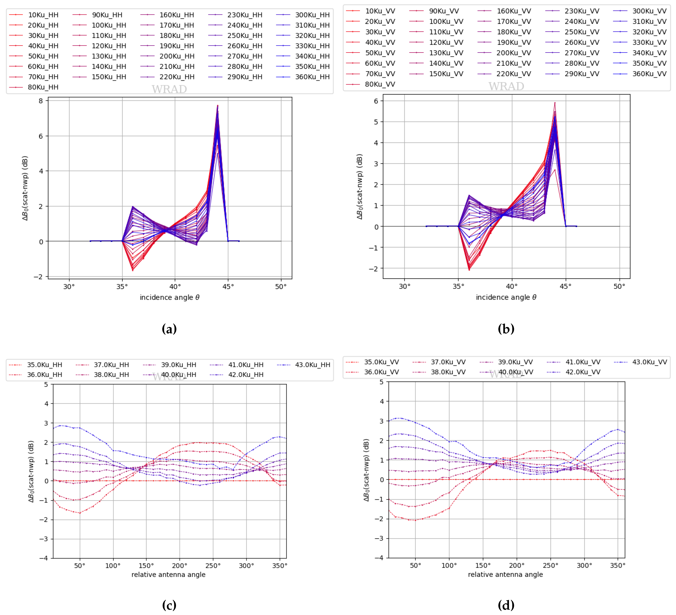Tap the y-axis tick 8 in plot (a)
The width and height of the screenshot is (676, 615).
[x=41, y=101]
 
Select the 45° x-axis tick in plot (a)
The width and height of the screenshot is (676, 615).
[x=228, y=287]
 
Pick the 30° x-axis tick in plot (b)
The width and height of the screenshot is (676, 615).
[x=404, y=287]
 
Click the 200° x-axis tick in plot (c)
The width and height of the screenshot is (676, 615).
[x=179, y=566]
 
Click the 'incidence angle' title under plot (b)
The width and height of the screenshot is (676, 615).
[x=506, y=297]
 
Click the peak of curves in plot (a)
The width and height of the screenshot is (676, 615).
[x=218, y=106]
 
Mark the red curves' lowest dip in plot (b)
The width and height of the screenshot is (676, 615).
[x=469, y=269]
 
